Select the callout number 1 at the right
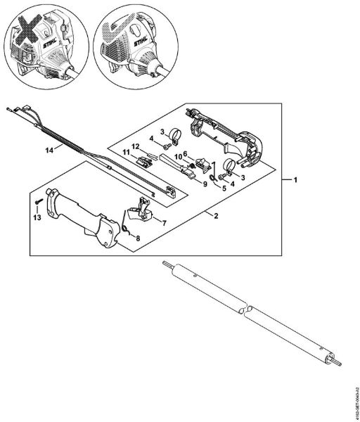pos(297,180)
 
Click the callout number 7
pos(165,222)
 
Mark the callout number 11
pos(127,153)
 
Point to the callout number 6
pos(186,153)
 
